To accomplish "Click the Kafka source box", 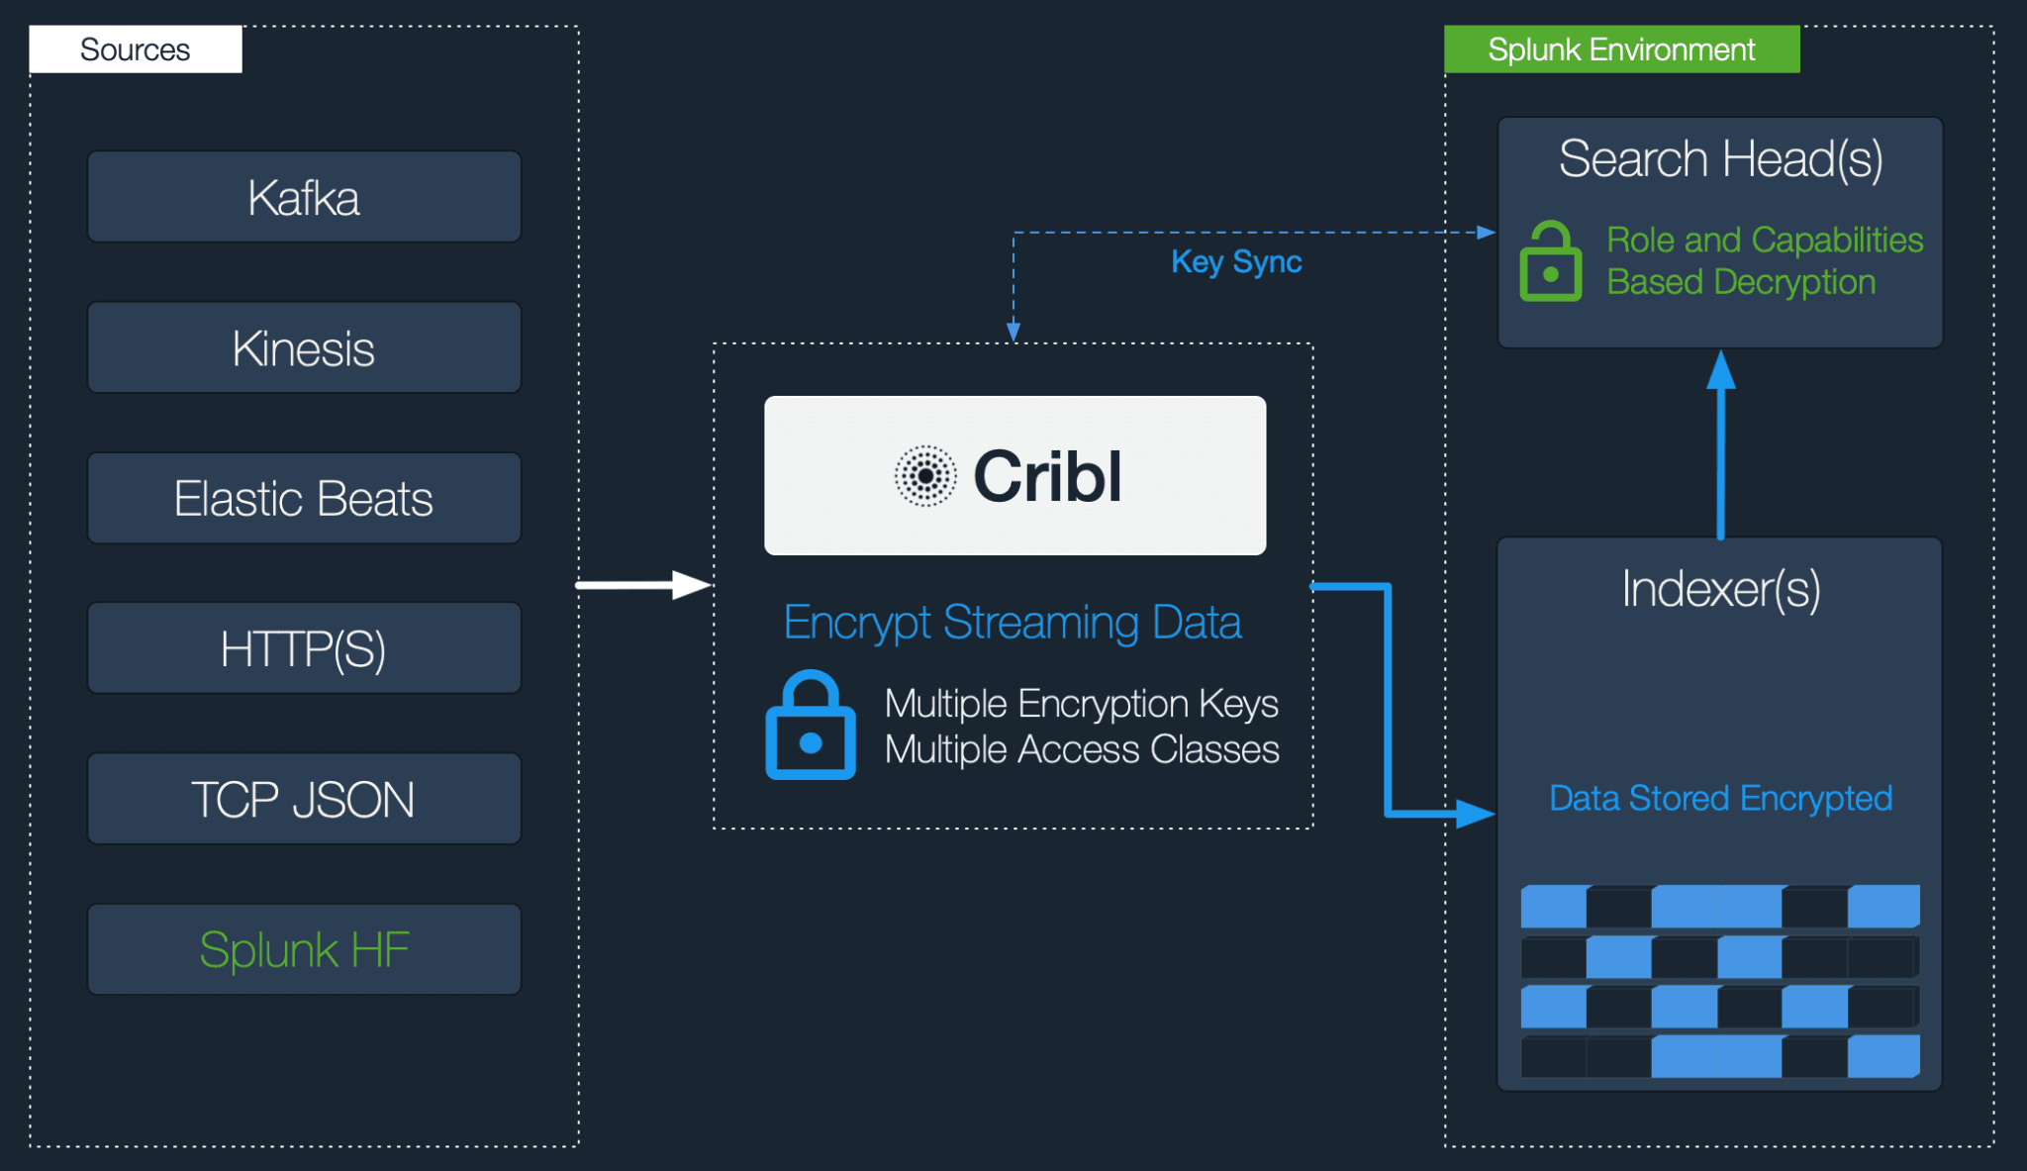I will click(x=304, y=197).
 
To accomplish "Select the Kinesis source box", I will click(x=304, y=348).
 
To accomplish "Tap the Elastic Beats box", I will click(x=304, y=499).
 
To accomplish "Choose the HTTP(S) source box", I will click(x=304, y=649).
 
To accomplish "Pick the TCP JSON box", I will click(x=304, y=800).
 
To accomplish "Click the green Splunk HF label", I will click(x=304, y=950).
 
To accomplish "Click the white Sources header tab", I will click(x=136, y=49).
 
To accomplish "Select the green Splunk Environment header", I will click(x=1621, y=49).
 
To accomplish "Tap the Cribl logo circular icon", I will click(x=925, y=476).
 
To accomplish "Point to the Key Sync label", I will click(x=1236, y=262).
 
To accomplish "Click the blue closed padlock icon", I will click(x=811, y=727).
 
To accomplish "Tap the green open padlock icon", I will click(x=1550, y=262).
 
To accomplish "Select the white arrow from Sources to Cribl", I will click(x=643, y=585).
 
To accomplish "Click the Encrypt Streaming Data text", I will click(x=1012, y=623).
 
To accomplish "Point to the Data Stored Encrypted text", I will click(x=1720, y=798).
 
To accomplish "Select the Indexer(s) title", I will click(x=1720, y=590).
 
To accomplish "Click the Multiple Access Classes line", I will click(x=1082, y=750).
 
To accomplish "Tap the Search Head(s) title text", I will click(x=1720, y=159).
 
